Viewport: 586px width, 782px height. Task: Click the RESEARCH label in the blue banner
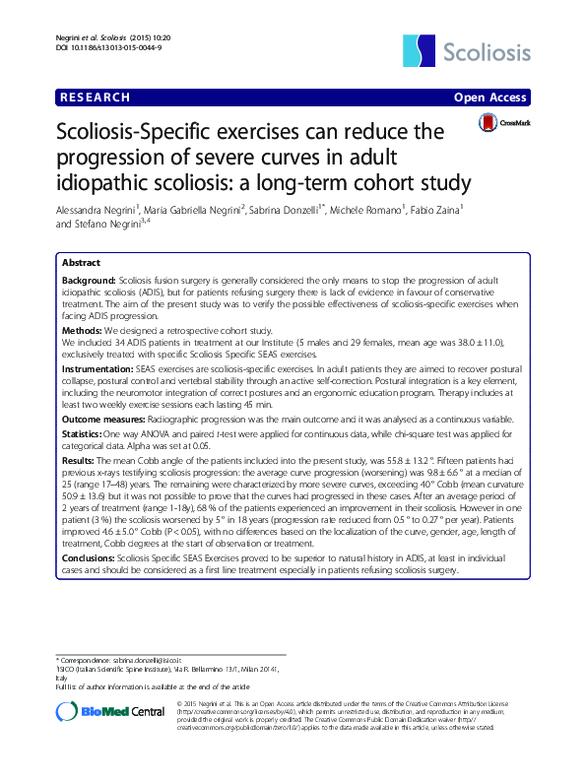pyautogui.click(x=97, y=98)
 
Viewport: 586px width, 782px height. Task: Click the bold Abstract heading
pyautogui.click(x=80, y=263)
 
